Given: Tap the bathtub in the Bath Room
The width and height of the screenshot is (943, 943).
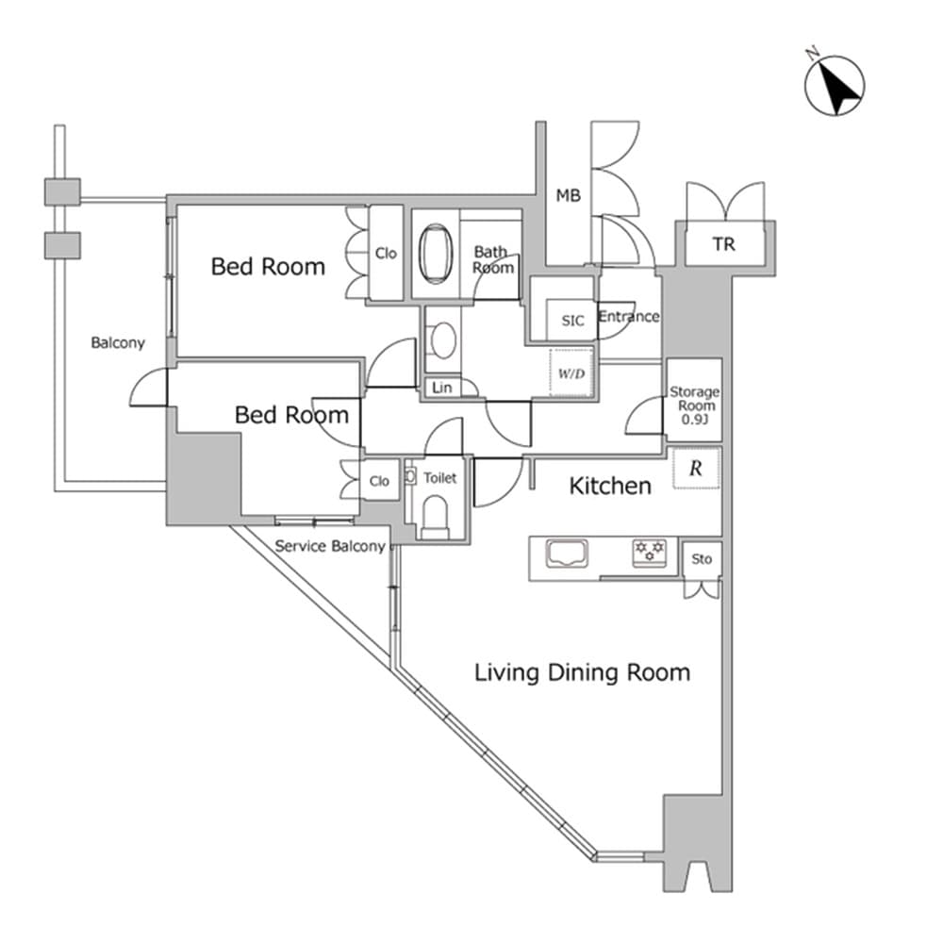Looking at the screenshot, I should coord(435,253).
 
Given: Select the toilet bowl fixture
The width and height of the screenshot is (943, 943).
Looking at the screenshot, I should coord(435,516).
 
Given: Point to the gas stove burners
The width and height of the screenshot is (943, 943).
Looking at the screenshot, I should coord(649,552).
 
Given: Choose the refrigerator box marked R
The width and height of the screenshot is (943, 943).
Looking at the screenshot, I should coord(696,469).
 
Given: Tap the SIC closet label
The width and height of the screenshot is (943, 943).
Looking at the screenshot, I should coord(572,321).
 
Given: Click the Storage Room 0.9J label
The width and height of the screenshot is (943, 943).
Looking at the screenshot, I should coord(694,405).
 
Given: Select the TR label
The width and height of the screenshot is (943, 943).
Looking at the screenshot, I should coord(723,244).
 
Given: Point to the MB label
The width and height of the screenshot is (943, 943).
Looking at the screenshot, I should coord(568,196).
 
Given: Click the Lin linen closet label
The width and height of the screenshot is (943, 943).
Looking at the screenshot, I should coord(440,388).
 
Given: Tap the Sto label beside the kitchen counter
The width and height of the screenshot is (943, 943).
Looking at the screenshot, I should coord(702,559).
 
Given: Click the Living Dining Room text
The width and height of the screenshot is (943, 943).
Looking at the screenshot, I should coord(582,672).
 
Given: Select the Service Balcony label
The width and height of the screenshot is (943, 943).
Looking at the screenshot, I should coord(330,547).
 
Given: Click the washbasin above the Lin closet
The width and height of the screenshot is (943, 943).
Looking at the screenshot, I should coord(441,339).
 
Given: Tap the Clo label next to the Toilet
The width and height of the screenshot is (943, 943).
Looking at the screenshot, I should coord(379,481).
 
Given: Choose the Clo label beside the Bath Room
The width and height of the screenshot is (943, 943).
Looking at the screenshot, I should coord(386,253).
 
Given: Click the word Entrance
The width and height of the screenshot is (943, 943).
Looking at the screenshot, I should coord(628,316).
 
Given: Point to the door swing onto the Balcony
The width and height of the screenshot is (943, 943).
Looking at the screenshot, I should coord(149,388).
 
